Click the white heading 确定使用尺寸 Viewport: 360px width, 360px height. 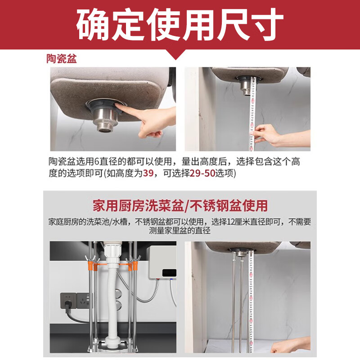(x=180, y=25)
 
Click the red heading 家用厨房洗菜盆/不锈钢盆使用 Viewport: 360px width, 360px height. (x=180, y=206)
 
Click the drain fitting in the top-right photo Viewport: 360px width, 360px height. (x=245, y=85)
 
